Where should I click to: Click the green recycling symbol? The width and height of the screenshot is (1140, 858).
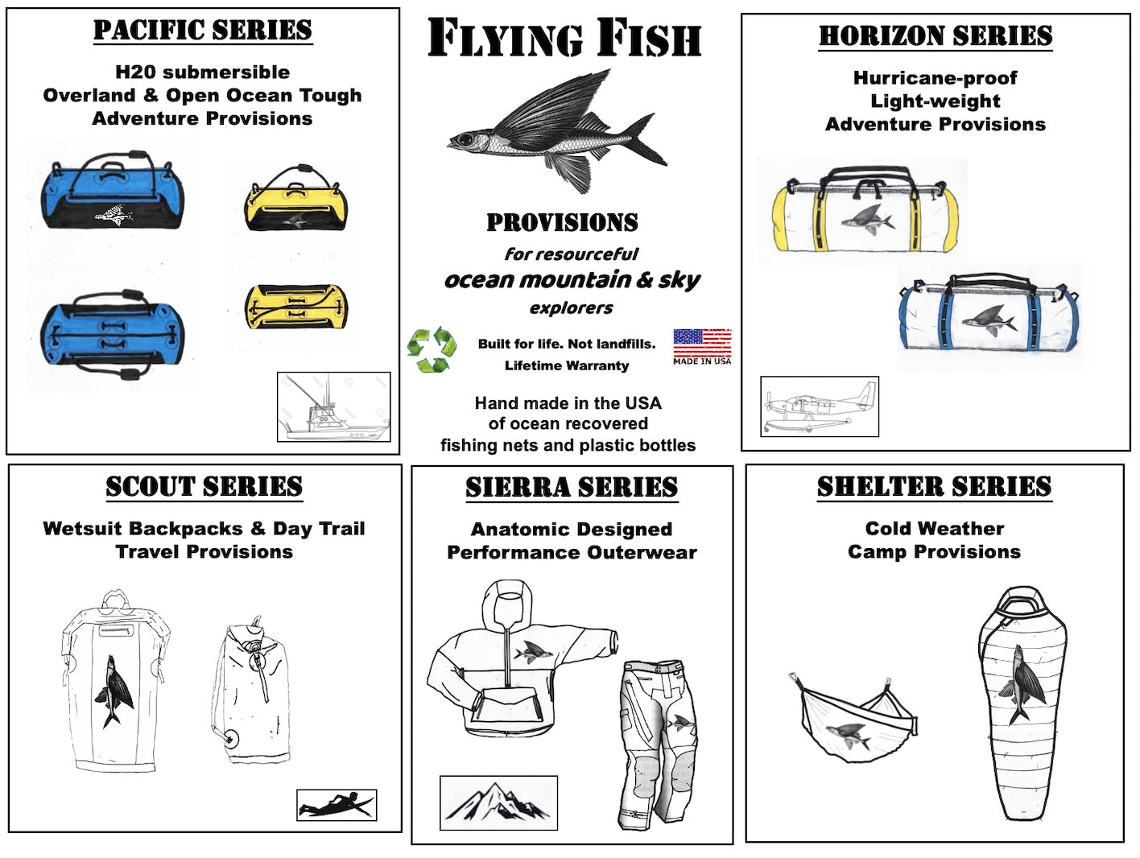(432, 349)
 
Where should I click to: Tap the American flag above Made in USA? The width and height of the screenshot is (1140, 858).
(702, 342)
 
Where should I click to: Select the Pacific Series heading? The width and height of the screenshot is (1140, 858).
(203, 30)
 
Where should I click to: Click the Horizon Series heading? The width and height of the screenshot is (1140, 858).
(936, 35)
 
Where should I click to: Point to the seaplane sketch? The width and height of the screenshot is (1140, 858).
(820, 406)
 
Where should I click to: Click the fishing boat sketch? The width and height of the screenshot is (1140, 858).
(334, 407)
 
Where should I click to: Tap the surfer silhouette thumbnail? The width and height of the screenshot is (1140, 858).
(337, 805)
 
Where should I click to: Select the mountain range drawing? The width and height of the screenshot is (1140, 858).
(498, 802)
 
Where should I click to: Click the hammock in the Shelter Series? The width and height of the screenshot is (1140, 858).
(853, 718)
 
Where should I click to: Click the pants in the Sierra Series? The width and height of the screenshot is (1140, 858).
(659, 745)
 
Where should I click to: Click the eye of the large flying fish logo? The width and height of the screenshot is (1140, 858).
(464, 139)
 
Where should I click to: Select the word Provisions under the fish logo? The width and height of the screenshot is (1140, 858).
(563, 222)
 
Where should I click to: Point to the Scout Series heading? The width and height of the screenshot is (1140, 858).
(204, 486)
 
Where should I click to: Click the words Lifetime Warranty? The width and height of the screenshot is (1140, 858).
(567, 365)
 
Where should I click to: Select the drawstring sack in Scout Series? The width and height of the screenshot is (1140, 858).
(250, 691)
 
